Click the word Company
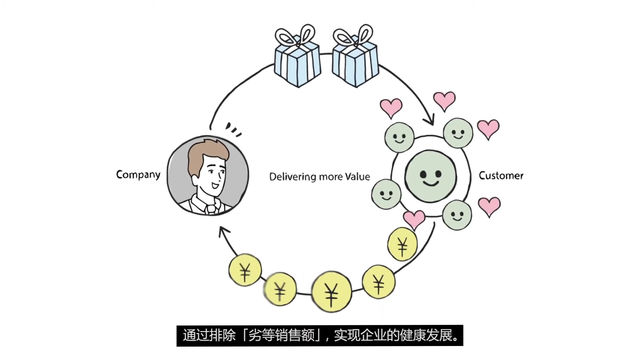(138, 175)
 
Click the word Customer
(501, 176)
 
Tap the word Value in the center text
(357, 177)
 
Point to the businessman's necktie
(211, 209)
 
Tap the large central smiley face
(430, 176)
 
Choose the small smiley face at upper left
(399, 137)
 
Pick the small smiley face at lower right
(457, 215)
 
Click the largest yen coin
(331, 292)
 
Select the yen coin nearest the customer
(402, 244)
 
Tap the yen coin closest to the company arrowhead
(245, 270)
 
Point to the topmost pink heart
(444, 100)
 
